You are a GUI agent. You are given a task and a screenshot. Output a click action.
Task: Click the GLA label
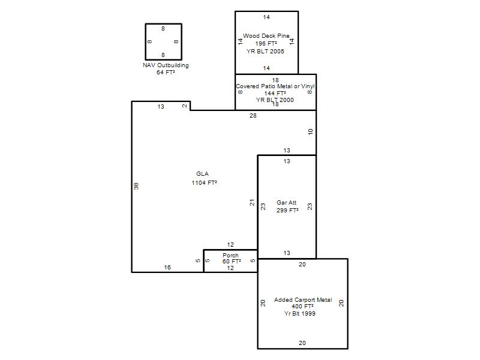click(x=202, y=174)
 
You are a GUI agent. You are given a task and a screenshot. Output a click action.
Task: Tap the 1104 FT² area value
click(x=204, y=183)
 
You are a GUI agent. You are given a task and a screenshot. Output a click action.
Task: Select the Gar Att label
click(x=287, y=203)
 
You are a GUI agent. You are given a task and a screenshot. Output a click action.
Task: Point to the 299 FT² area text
click(x=287, y=211)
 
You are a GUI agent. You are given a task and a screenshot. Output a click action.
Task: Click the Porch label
click(x=230, y=256)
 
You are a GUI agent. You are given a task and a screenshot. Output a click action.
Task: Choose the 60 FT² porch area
click(x=232, y=262)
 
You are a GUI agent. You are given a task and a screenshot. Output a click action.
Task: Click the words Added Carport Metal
click(x=303, y=299)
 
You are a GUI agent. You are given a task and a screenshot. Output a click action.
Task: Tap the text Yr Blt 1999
click(x=299, y=313)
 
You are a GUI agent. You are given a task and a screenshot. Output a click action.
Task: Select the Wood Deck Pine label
click(x=266, y=36)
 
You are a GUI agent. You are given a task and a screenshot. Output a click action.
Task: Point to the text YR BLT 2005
click(x=265, y=52)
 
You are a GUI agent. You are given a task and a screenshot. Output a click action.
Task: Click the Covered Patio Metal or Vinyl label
click(x=275, y=86)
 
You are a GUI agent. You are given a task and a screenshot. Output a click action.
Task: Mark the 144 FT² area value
click(x=275, y=93)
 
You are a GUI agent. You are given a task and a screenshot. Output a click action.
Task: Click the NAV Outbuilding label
click(x=166, y=65)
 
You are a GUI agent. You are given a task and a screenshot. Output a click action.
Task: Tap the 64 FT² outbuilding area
click(x=166, y=72)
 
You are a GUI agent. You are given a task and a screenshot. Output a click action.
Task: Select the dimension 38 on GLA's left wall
click(x=136, y=186)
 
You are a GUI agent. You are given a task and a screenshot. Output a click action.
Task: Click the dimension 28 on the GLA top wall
click(x=253, y=116)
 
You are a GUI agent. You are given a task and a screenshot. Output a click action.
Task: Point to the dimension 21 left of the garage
click(x=252, y=202)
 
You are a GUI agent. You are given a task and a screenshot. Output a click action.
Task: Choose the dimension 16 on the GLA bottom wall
click(x=167, y=267)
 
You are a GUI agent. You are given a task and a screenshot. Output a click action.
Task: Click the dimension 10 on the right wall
click(x=310, y=132)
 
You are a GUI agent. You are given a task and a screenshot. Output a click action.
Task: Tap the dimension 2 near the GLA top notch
click(x=185, y=106)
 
